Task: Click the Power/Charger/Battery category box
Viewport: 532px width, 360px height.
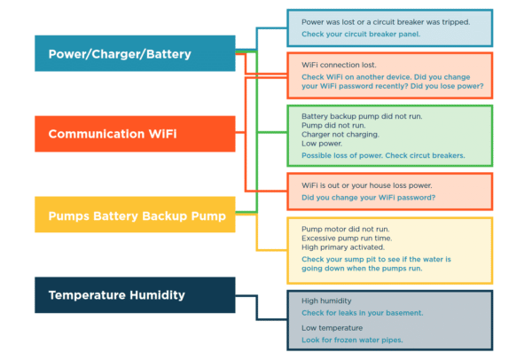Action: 135,53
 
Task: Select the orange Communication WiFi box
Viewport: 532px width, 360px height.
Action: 135,134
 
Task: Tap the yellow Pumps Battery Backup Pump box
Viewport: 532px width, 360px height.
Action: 135,215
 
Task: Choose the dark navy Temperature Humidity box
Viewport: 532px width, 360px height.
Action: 135,295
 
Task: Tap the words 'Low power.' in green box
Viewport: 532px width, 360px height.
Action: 321,144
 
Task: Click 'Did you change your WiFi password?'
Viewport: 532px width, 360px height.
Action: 368,197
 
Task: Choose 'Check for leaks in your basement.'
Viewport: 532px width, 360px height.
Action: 362,313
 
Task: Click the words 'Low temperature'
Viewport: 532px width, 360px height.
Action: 332,328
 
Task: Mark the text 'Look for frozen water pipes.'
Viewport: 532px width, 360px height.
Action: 353,340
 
